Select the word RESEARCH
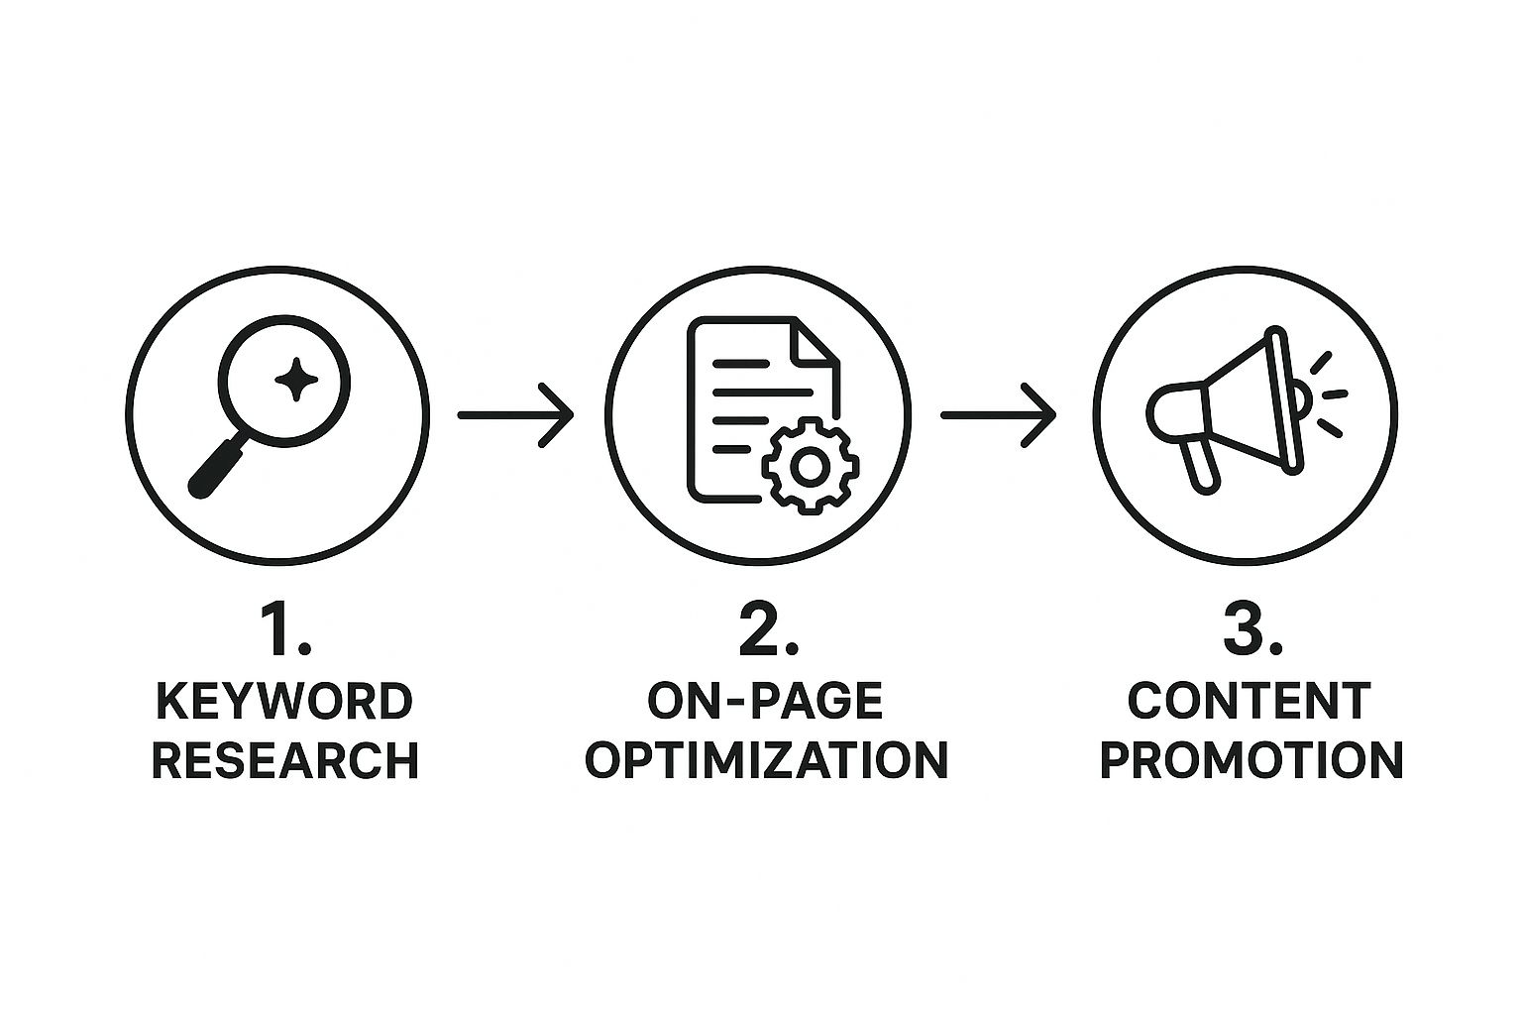284,760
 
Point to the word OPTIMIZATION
766,760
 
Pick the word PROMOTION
1251,760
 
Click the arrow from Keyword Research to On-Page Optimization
515,414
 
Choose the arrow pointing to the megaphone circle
998,414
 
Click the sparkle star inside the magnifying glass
296,379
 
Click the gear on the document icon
810,467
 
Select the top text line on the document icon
741,364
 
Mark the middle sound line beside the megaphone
1335,395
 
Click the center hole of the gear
810,467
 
